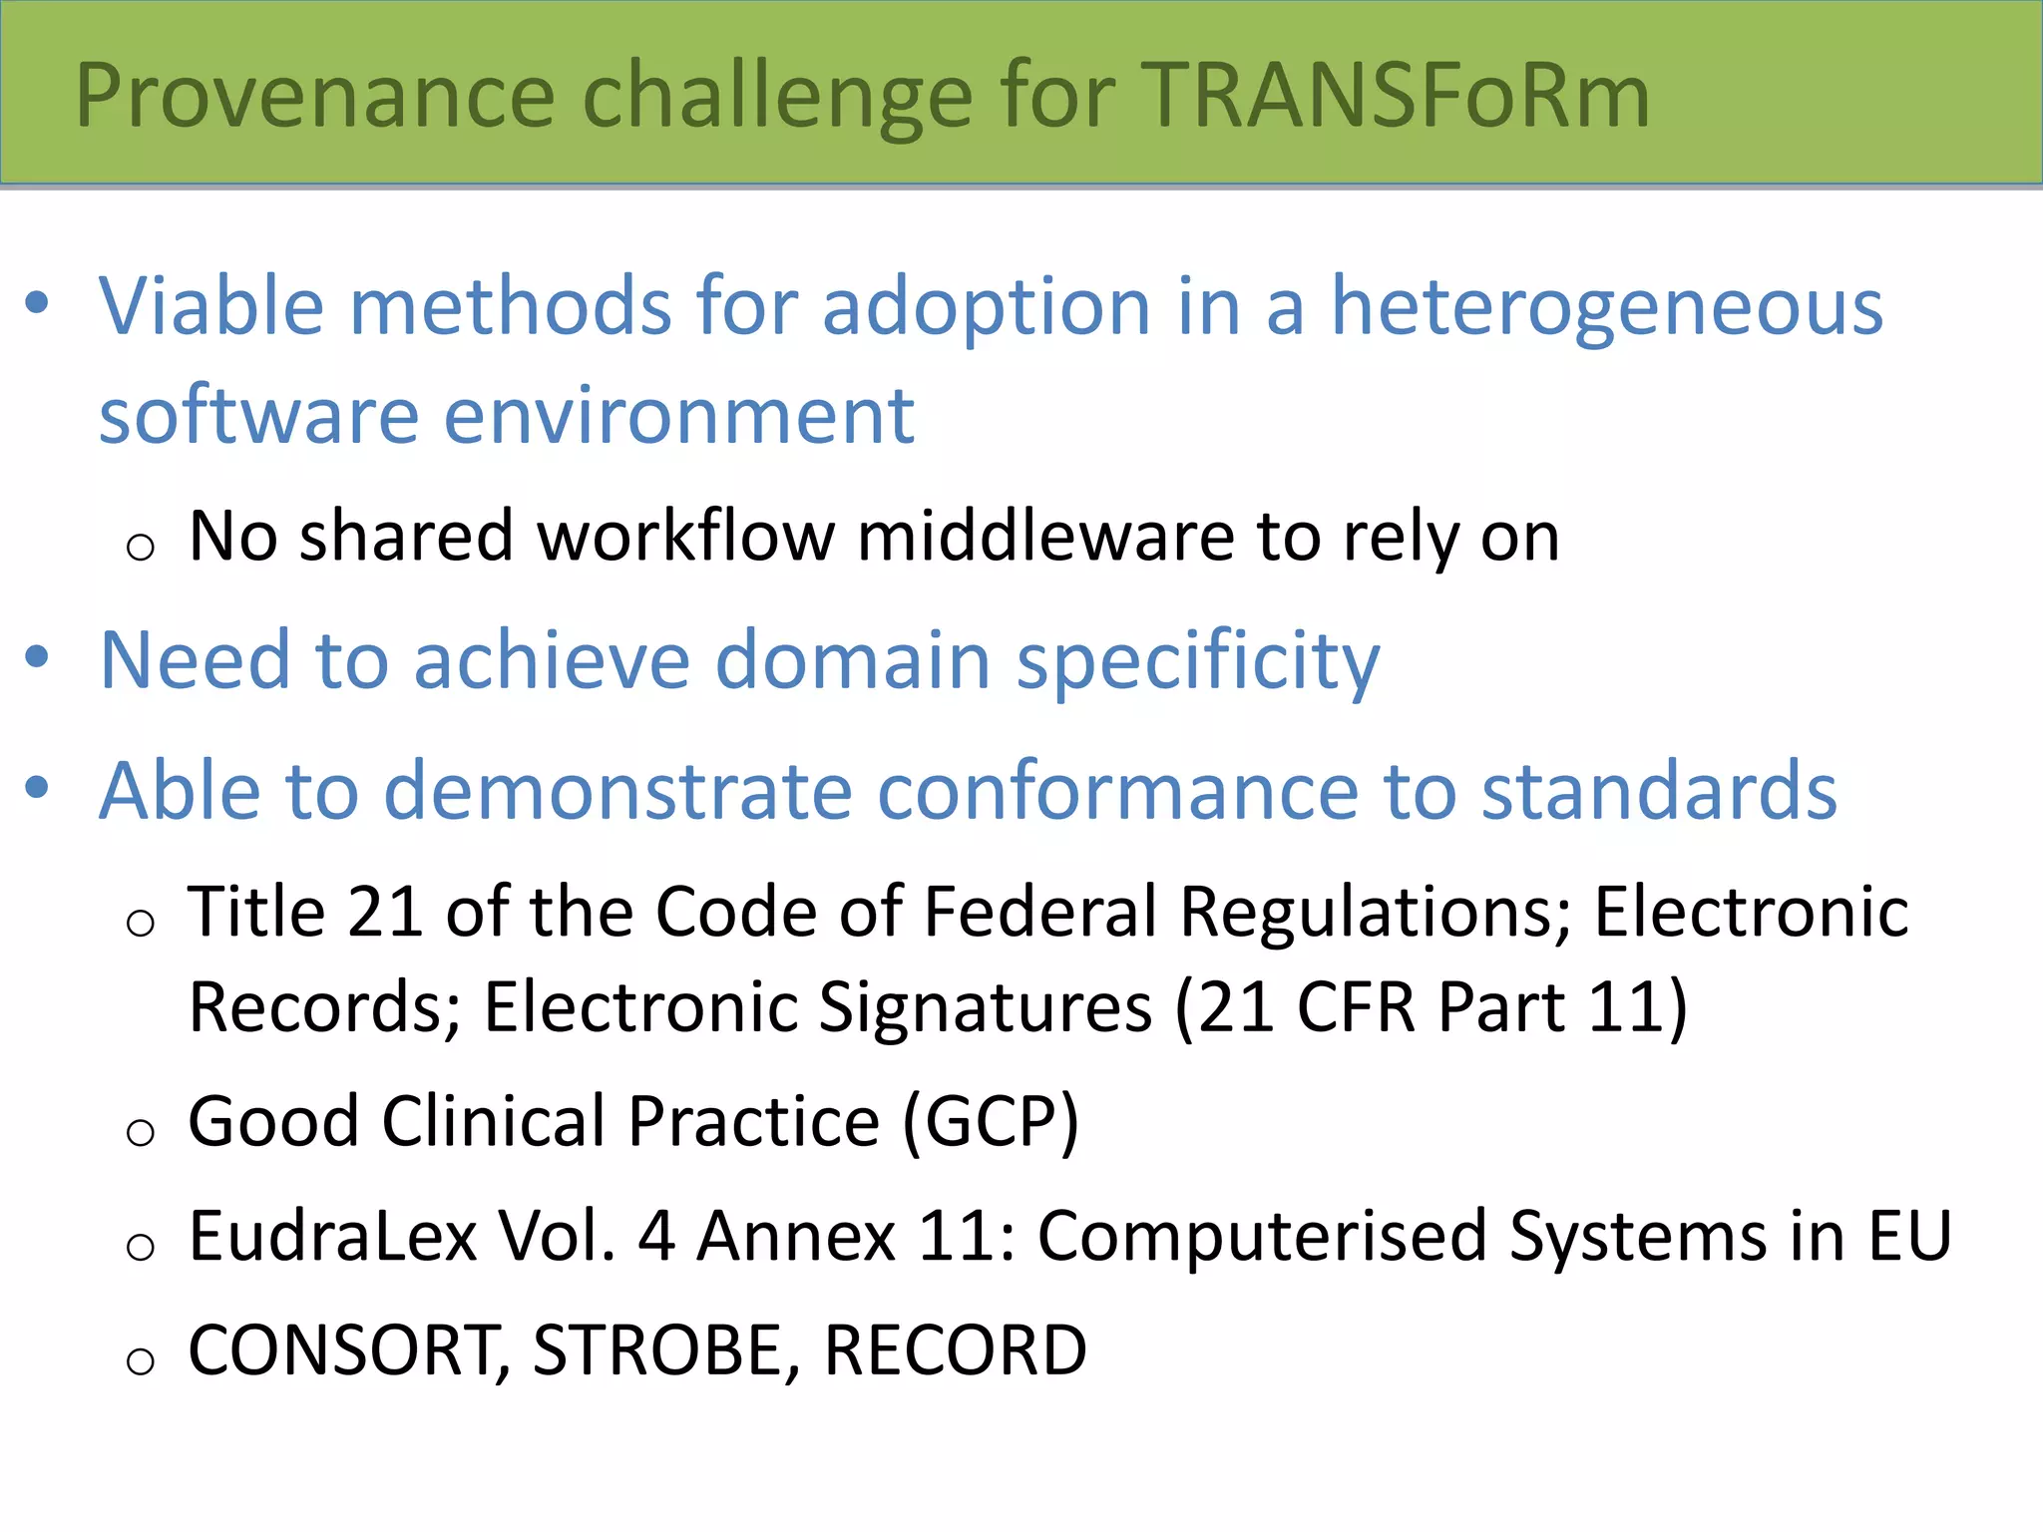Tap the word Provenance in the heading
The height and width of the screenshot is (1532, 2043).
(x=314, y=97)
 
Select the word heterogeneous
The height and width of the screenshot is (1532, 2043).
(x=1607, y=307)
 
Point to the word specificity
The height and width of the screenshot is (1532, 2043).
(x=1197, y=663)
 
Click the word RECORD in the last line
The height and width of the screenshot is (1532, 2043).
(x=955, y=1351)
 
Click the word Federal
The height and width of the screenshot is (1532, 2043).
(x=1038, y=913)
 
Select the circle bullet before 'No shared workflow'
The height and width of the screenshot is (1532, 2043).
(x=141, y=547)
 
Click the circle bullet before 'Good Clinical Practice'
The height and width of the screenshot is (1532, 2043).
(x=141, y=1132)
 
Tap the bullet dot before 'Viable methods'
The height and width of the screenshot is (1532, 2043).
(x=37, y=302)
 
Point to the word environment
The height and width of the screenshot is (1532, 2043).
(x=678, y=416)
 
